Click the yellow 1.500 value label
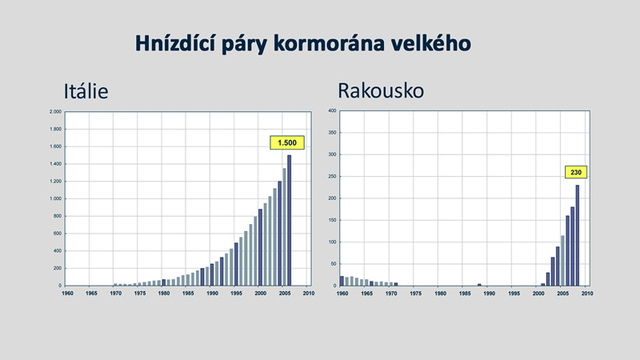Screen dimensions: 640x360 click(x=287, y=142)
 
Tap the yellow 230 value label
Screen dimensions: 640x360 click(x=576, y=172)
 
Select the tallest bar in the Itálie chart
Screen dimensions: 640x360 click(x=289, y=221)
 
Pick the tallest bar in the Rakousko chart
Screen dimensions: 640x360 click(x=577, y=235)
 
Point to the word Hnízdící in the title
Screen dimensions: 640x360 click(x=175, y=44)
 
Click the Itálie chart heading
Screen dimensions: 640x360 click(x=86, y=91)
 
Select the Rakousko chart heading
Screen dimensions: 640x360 click(x=381, y=90)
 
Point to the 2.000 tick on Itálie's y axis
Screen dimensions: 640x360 click(x=55, y=111)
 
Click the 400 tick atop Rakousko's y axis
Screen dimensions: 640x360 click(x=332, y=110)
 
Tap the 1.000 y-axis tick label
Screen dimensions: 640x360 click(x=55, y=198)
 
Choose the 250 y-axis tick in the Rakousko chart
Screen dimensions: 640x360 click(x=332, y=176)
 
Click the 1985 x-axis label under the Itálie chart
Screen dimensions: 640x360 click(x=188, y=293)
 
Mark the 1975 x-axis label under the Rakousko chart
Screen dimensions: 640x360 click(x=415, y=293)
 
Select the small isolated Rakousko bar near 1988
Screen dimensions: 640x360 click(x=479, y=285)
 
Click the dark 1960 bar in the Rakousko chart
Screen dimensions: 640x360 click(x=342, y=282)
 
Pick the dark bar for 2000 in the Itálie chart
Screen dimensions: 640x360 click(x=260, y=247)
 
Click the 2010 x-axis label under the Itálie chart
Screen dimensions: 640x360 click(x=309, y=293)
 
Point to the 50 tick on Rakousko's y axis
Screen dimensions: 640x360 click(x=334, y=264)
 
